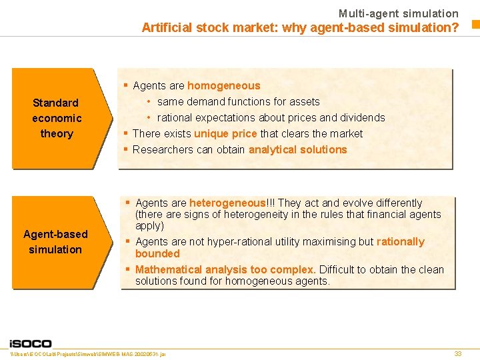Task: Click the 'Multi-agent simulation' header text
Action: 398,13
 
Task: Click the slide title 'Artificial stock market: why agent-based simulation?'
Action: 300,27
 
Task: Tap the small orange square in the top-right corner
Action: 475,25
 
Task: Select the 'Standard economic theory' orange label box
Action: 57,118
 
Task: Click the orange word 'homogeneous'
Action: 224,85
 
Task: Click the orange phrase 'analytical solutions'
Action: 297,149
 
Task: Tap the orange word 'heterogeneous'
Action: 227,203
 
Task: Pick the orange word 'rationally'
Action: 400,241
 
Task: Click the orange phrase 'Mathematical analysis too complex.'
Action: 225,269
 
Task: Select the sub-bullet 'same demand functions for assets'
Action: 238,101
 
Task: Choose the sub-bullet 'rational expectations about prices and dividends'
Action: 271,117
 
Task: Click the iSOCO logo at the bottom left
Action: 30,343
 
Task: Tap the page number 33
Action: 457,353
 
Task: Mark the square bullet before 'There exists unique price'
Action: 125,133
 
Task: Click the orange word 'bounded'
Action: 157,253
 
